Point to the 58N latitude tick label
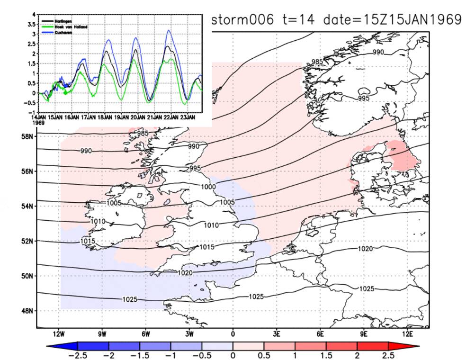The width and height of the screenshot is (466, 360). pyautogui.click(x=27, y=136)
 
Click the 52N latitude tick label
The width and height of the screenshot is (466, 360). pyautogui.click(x=27, y=241)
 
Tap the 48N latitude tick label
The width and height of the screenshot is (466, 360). pyautogui.click(x=27, y=311)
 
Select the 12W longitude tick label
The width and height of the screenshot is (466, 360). pyautogui.click(x=59, y=334)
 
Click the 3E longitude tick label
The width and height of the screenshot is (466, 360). pyautogui.click(x=277, y=334)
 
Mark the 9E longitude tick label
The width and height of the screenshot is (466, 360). pyautogui.click(x=364, y=334)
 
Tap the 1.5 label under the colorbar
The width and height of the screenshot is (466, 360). pyautogui.click(x=327, y=355)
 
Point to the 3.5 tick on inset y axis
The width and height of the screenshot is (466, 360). pyautogui.click(x=34, y=24)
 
